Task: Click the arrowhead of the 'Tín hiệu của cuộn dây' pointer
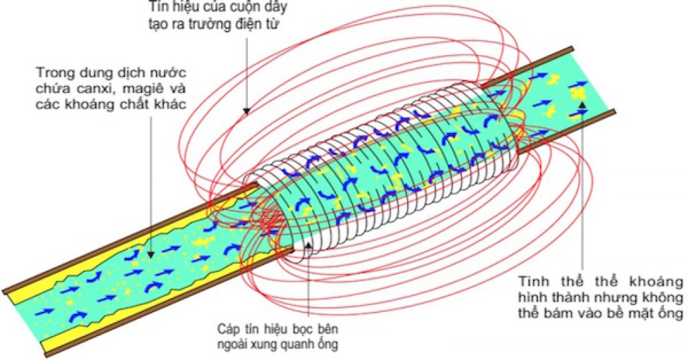(245, 112)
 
